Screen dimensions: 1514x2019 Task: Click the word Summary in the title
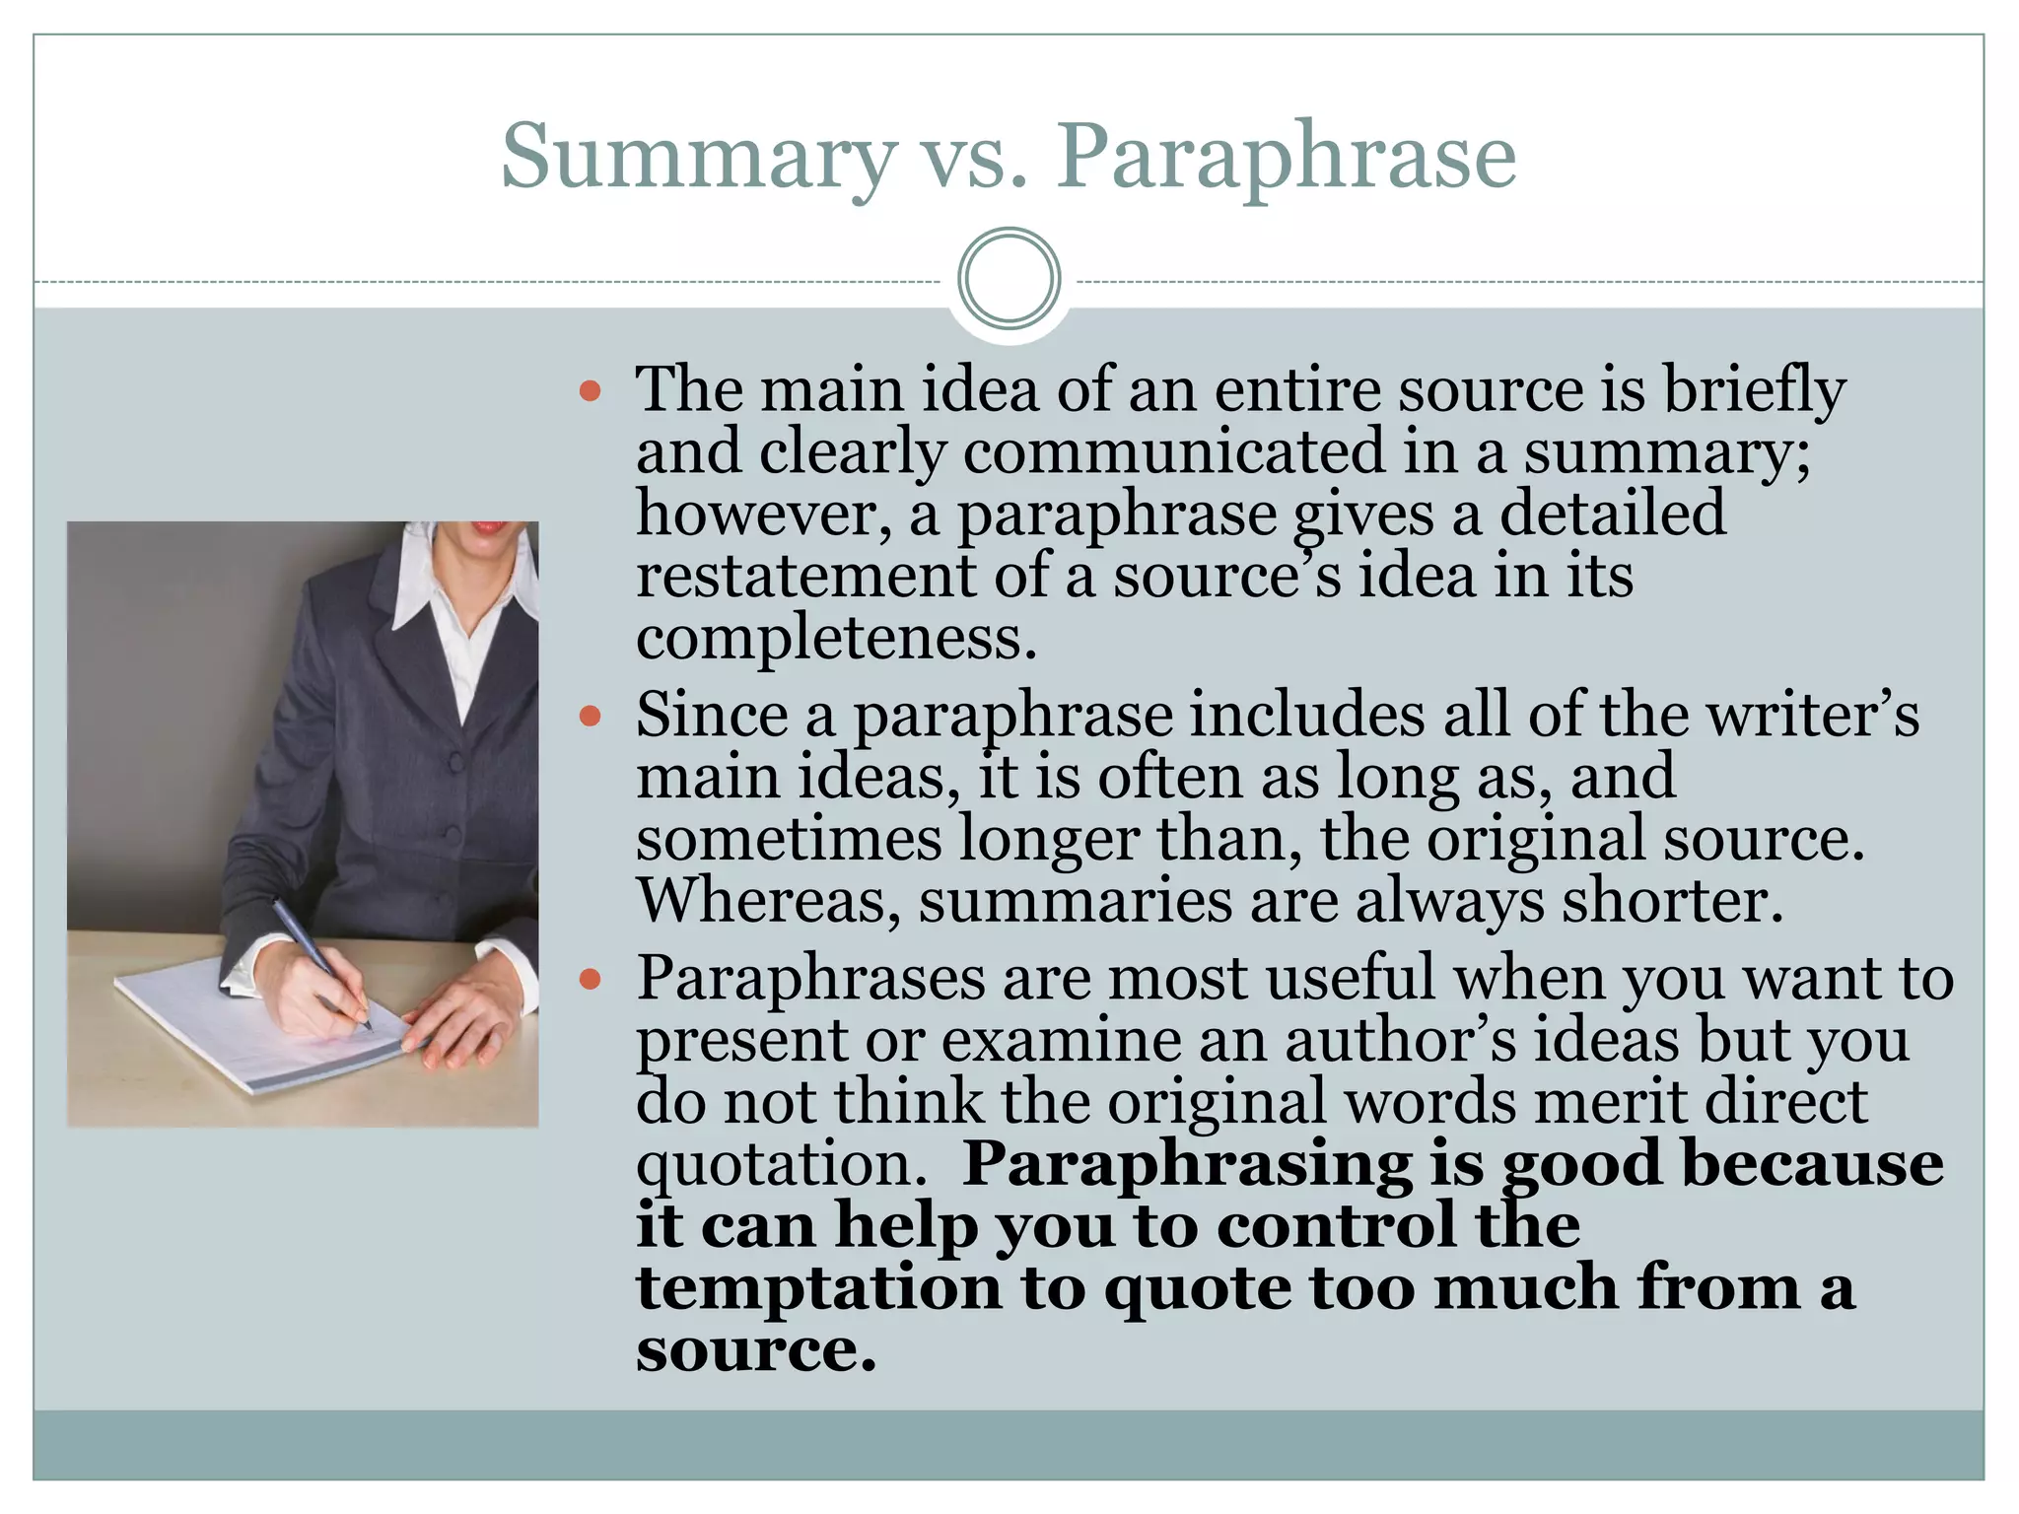point(698,158)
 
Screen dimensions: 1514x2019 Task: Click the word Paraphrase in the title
point(1286,158)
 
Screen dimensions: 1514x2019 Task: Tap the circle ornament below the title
point(1009,278)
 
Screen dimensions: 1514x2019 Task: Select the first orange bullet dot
point(591,392)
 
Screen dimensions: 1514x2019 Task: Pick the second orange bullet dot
point(591,717)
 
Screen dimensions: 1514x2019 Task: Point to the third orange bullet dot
point(591,981)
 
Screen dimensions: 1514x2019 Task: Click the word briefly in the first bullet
point(1755,390)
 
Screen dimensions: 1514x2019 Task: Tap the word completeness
point(836,639)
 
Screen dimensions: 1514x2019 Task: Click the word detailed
point(1613,514)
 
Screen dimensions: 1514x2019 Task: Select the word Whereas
point(768,901)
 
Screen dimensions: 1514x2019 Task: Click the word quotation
point(782,1165)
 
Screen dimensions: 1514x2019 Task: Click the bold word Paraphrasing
point(1187,1165)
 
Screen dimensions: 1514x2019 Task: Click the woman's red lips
point(487,526)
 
